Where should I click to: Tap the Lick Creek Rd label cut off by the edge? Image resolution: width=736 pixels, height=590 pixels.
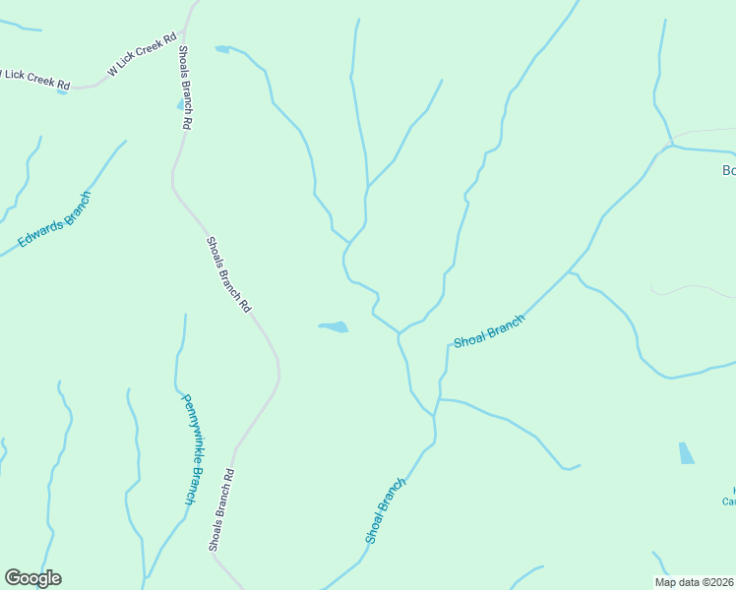coord(35,79)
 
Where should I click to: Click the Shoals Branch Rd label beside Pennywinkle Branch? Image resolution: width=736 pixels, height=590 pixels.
coord(222,508)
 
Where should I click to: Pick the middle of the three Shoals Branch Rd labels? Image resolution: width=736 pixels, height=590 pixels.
coord(228,273)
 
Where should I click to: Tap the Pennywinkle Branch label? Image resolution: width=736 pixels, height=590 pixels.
coord(193,449)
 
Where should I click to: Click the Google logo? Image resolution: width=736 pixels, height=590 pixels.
coord(32,578)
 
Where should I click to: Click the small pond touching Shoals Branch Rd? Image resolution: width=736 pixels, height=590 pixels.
coord(180,104)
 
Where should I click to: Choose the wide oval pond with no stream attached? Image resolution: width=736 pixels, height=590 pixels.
coord(334,326)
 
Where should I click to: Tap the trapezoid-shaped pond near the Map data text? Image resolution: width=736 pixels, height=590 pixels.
coord(686,453)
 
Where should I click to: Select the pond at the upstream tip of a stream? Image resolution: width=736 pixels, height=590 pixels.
coord(221,48)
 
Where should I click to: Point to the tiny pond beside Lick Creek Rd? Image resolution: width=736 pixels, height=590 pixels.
coord(63,91)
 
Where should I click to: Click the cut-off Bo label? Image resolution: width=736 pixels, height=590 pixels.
coord(728,170)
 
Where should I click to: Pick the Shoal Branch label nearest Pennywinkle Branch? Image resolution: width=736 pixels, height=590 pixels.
coord(385,510)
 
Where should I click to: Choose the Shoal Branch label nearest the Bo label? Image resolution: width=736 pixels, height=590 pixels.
coord(489,331)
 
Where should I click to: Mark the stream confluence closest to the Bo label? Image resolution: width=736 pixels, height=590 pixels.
coord(670,147)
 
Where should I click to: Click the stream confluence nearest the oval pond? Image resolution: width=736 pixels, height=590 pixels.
coord(399,333)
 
